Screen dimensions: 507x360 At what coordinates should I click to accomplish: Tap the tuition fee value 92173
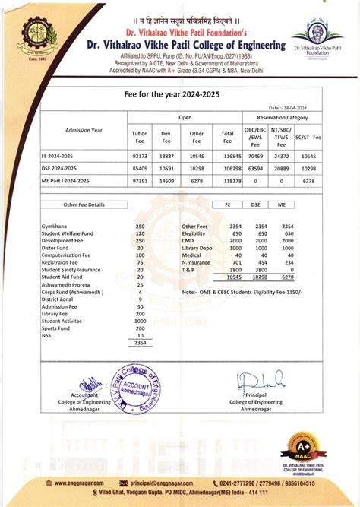140,154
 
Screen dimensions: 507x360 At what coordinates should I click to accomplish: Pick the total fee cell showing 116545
226,154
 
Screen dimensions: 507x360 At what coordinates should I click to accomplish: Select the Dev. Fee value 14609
168,181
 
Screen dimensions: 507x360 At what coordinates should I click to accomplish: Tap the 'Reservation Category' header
282,118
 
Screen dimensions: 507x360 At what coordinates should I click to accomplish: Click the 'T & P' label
189,270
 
